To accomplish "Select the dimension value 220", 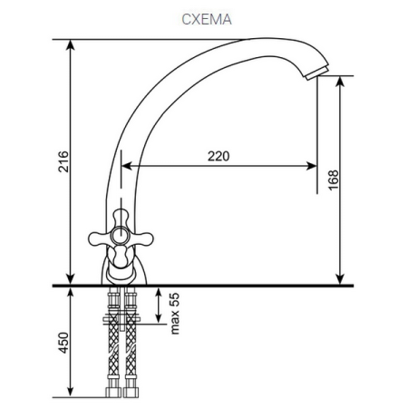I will (x=218, y=156).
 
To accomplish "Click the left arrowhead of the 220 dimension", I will (x=125, y=166).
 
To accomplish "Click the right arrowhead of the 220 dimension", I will (x=313, y=166).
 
